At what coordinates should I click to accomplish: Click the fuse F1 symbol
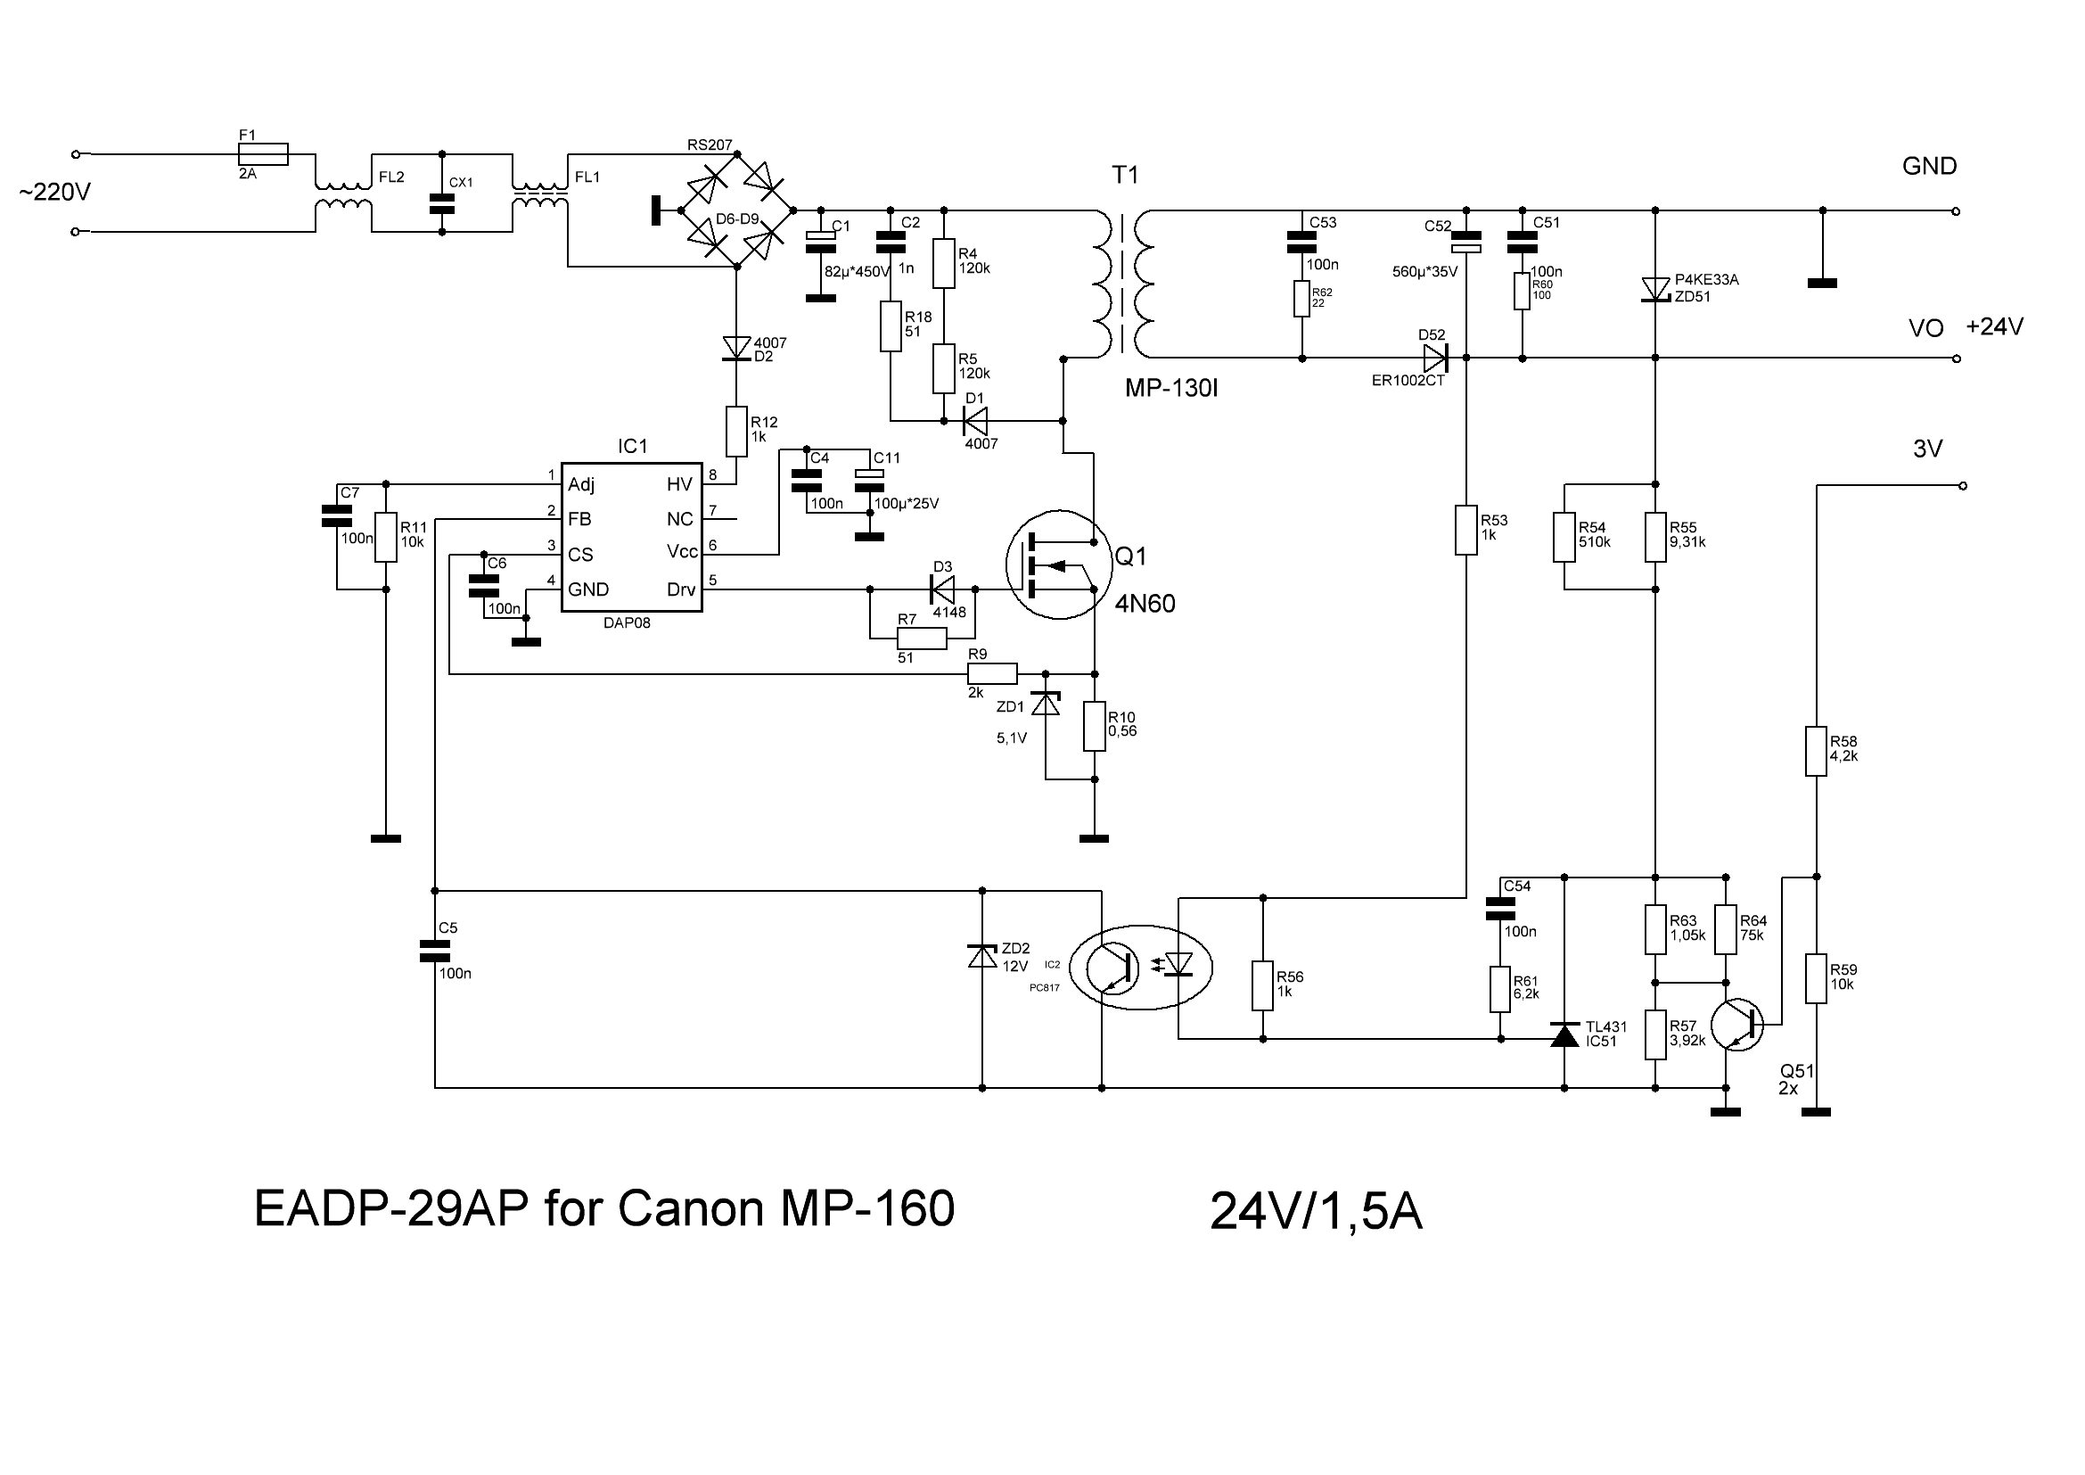click(x=263, y=154)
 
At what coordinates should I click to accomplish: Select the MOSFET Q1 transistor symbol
click(x=1059, y=564)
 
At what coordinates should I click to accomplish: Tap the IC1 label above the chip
click(x=632, y=446)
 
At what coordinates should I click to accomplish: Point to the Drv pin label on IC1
click(x=681, y=589)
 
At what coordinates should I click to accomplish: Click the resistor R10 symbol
click(x=1095, y=726)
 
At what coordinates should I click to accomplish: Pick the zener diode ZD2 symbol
click(x=982, y=955)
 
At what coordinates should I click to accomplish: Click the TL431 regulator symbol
click(x=1564, y=1034)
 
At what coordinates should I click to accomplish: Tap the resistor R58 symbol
click(x=1815, y=751)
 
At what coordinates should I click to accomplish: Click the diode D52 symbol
click(x=1436, y=358)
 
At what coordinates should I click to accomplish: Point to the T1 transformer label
click(x=1125, y=176)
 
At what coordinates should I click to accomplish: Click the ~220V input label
click(x=54, y=193)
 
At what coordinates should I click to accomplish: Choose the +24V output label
click(x=1994, y=327)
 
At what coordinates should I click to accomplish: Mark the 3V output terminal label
click(x=1927, y=449)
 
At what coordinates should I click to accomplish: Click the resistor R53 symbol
click(x=1465, y=530)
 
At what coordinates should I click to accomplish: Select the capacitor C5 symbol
click(x=435, y=951)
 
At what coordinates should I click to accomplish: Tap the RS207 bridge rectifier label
click(x=710, y=145)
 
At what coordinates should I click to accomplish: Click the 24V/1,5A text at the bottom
click(x=1316, y=1212)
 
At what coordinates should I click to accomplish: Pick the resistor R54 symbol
click(x=1564, y=537)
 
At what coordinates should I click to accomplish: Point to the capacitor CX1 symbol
click(x=441, y=203)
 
